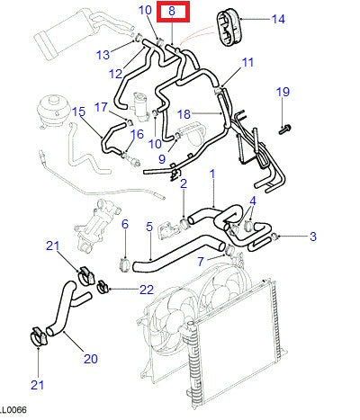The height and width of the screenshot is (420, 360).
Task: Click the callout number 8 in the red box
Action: click(x=173, y=13)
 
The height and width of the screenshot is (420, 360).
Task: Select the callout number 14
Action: click(x=277, y=19)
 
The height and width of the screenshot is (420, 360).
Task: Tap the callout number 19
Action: click(x=283, y=93)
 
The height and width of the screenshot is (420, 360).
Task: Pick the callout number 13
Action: click(x=103, y=54)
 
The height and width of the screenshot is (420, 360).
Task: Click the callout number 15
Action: click(x=78, y=112)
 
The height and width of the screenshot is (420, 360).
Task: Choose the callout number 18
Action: click(x=184, y=114)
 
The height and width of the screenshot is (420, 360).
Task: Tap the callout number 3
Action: click(x=312, y=237)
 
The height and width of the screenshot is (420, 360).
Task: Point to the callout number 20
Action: click(x=91, y=359)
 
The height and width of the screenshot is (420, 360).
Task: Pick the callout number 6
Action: click(x=125, y=223)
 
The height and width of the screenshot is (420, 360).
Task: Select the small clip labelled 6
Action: click(x=125, y=262)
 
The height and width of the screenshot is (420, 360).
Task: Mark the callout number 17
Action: click(x=101, y=107)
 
